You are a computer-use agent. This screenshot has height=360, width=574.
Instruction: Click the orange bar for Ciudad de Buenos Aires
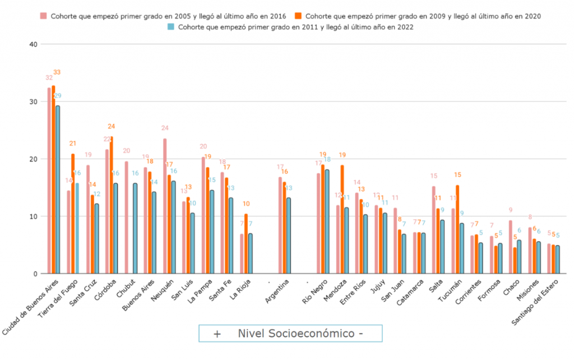(53, 179)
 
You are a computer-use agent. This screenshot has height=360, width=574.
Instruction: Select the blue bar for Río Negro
(327, 221)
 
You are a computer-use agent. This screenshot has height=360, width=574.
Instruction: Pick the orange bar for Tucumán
(457, 229)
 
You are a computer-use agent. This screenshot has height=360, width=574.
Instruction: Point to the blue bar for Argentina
(289, 236)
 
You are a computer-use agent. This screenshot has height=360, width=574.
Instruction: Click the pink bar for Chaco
(511, 247)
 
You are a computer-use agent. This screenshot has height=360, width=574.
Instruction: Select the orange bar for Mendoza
(342, 219)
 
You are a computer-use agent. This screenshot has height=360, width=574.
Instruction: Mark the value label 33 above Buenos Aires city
(57, 72)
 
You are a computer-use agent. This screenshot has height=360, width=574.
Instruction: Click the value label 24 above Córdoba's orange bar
(112, 126)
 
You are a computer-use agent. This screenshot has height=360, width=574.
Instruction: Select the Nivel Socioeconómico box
(290, 333)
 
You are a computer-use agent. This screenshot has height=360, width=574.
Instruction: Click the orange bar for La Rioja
(246, 243)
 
